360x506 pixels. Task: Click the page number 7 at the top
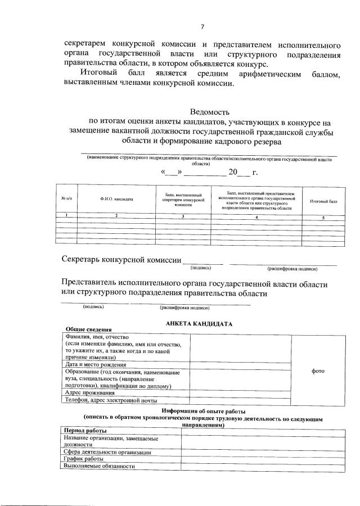coord(202,26)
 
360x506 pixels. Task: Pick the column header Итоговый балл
coord(323,201)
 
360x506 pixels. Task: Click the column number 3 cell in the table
coord(182,216)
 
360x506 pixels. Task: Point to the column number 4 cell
coord(256,216)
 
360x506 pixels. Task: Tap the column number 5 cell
coord(323,217)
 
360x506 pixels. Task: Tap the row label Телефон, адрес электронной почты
coord(110,400)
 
